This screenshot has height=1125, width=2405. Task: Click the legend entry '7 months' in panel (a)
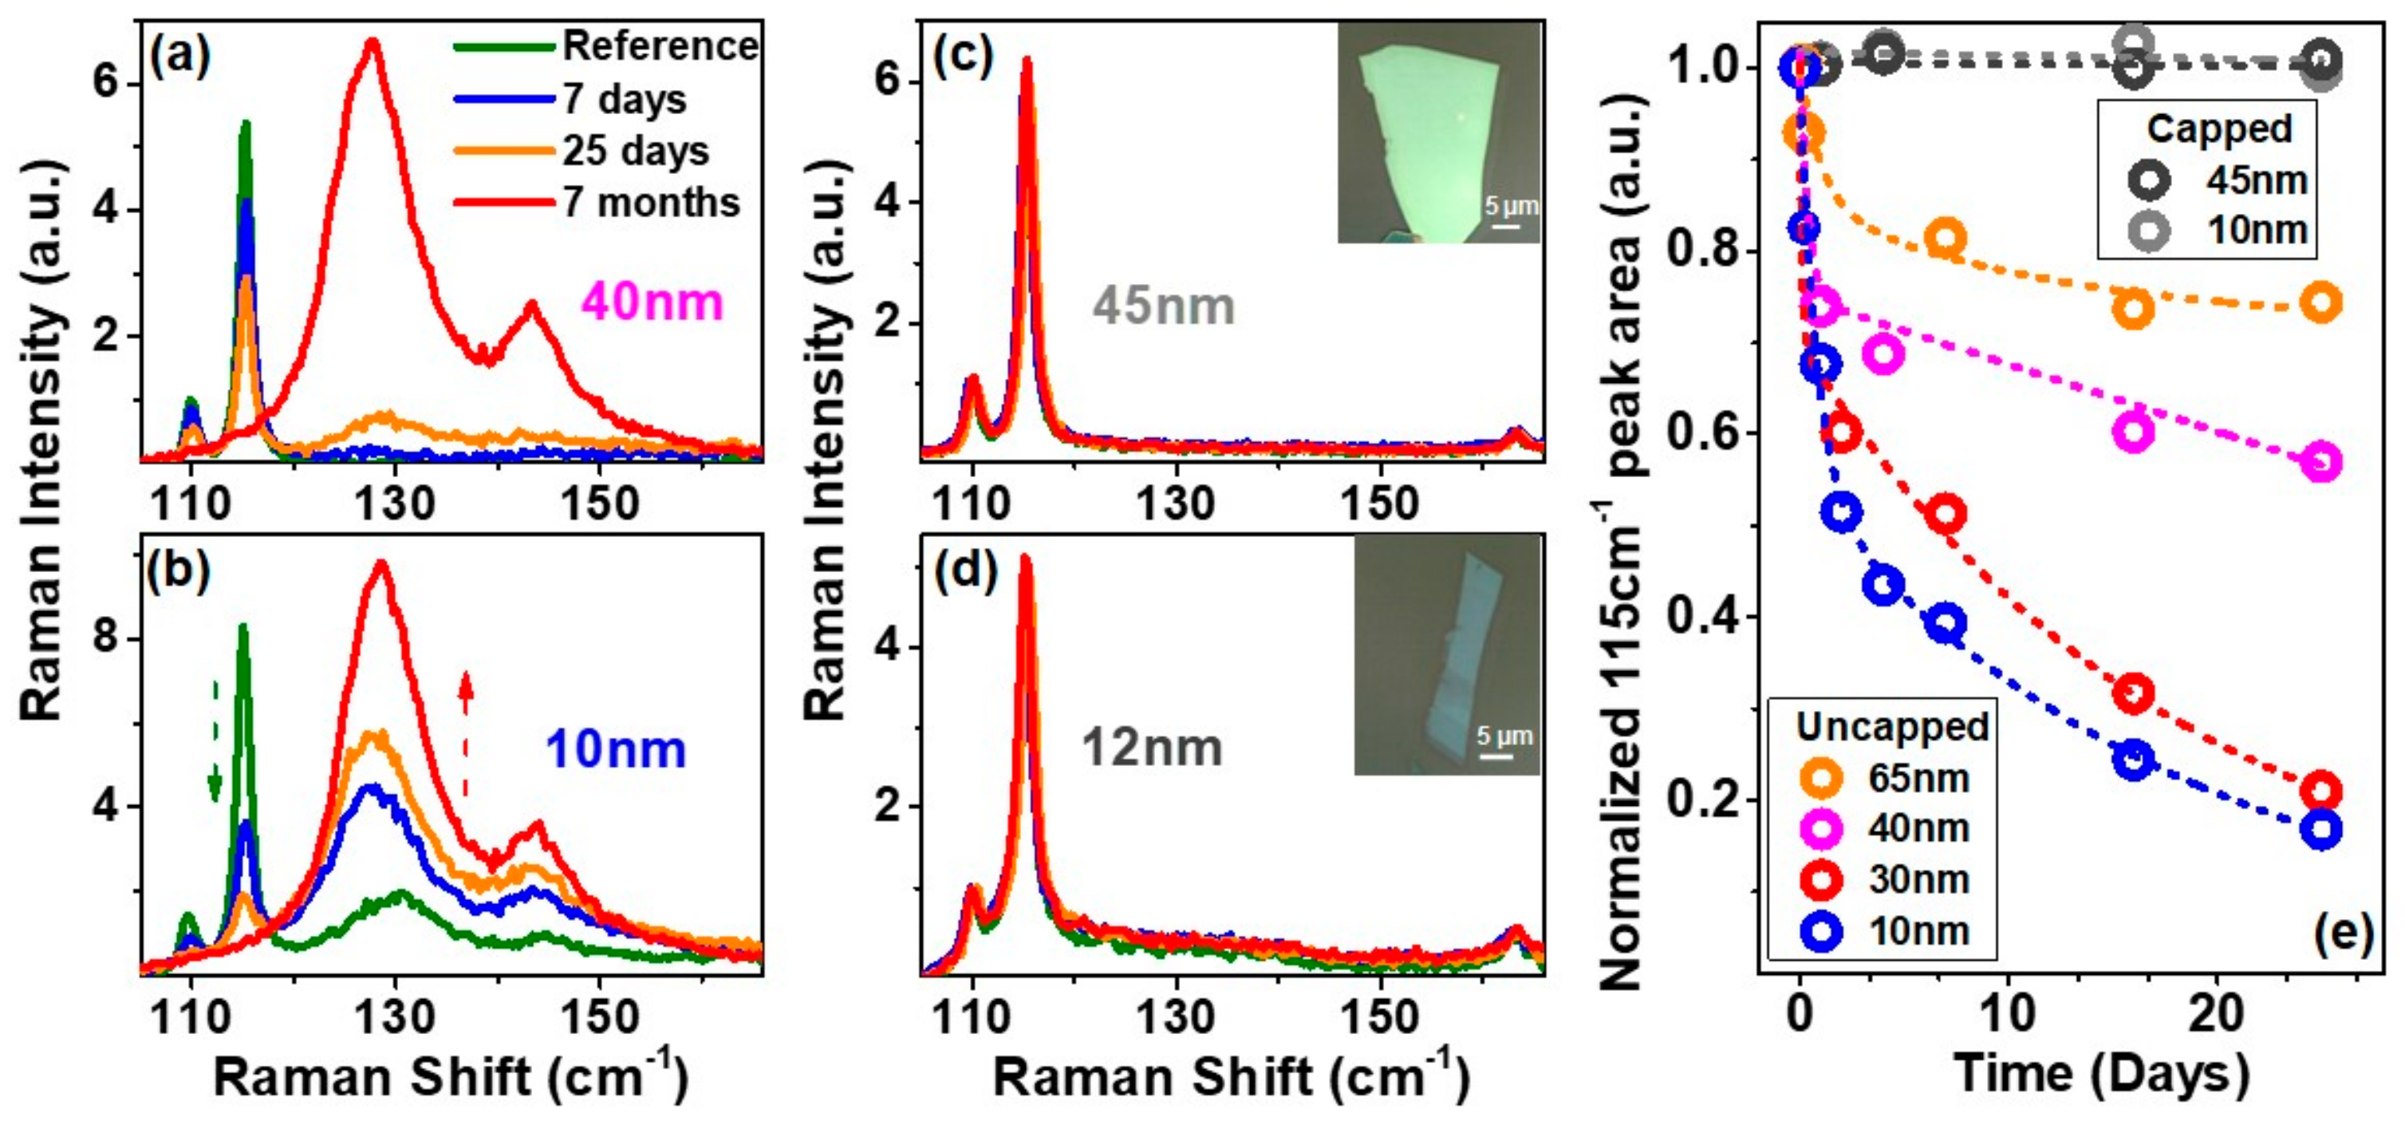650,203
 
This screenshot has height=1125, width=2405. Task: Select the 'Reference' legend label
660,45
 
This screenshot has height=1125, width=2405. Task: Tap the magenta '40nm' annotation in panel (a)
653,303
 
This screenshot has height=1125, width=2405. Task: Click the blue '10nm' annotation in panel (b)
615,750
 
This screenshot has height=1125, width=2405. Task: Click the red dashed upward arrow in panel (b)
466,737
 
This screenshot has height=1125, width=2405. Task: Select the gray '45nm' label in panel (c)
1163,306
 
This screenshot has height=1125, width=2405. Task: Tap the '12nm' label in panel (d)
1151,748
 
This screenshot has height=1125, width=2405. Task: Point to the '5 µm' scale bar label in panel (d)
1504,736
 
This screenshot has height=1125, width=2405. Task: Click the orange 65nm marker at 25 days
2321,302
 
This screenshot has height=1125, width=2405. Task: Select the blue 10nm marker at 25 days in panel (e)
2321,829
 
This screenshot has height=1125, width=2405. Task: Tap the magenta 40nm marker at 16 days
2133,432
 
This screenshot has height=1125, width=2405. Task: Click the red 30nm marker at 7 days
1946,514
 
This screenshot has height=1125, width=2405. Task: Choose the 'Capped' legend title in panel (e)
2219,128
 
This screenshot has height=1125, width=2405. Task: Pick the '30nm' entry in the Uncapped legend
1918,879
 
